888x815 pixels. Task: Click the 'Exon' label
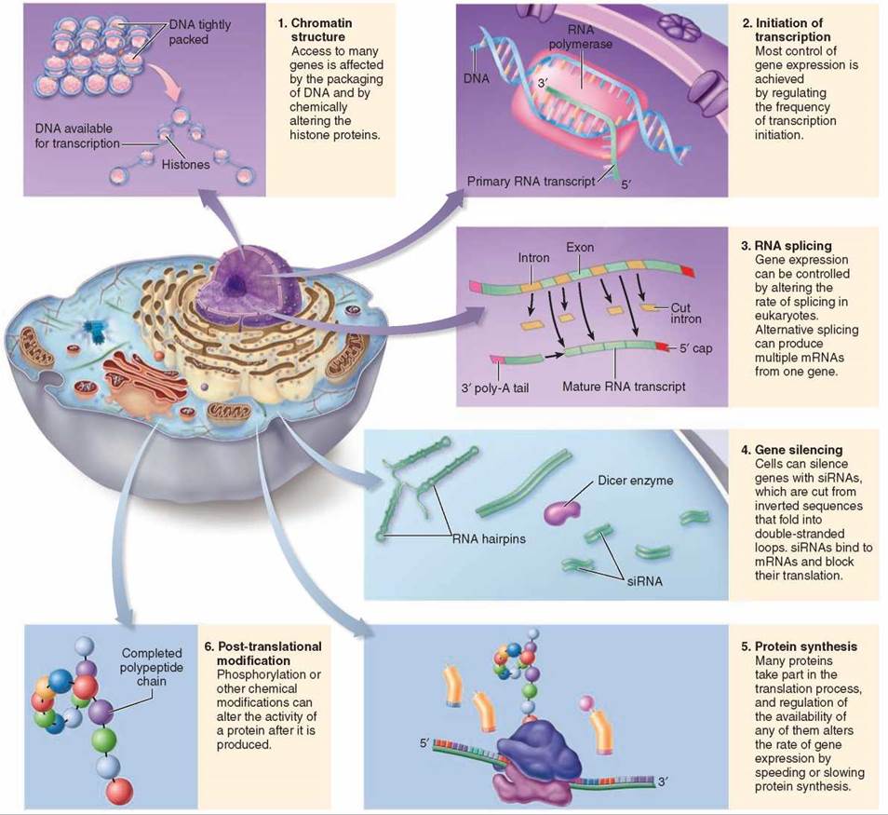(580, 249)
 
